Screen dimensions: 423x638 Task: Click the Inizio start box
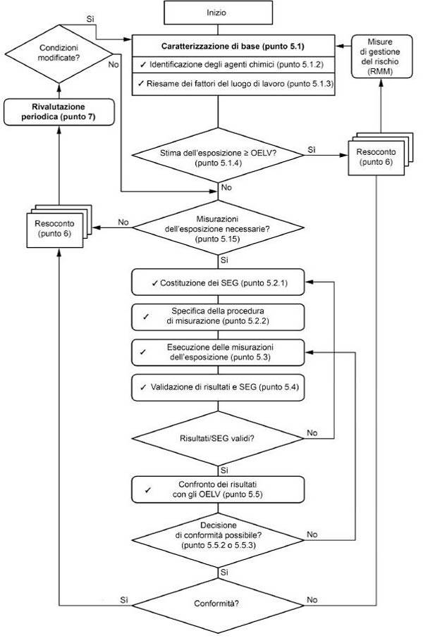coord(218,13)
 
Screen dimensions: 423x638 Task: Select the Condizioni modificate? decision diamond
coord(59,54)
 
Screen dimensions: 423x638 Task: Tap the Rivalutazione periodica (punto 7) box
coord(59,112)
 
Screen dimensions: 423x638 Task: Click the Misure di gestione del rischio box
coord(382,56)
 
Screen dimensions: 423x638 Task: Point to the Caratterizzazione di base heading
coord(233,46)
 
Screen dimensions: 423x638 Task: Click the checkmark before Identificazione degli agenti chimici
coord(142,64)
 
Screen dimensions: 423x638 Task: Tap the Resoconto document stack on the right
coord(381,154)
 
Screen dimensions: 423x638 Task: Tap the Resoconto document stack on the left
coord(59,226)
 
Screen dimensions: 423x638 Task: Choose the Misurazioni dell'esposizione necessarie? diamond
coord(218,228)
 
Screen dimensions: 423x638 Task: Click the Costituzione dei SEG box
coord(218,282)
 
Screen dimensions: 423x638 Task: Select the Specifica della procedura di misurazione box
coord(218,317)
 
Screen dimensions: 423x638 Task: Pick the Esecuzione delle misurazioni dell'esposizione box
coord(218,352)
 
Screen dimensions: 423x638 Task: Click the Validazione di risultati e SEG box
coord(218,387)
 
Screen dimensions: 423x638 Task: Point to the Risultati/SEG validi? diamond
coord(218,439)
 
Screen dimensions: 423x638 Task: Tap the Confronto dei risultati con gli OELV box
coord(218,489)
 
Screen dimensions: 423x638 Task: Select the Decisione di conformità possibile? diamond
coord(218,540)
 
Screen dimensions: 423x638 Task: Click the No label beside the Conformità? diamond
coord(312,600)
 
